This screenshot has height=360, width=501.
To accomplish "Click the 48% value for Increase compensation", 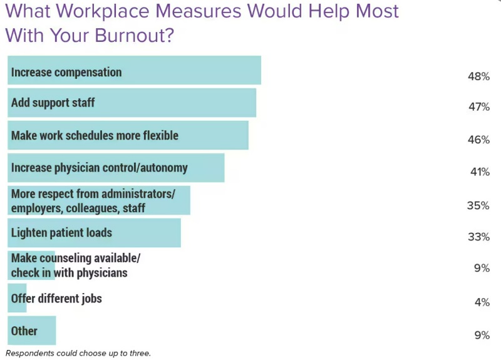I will pos(478,76).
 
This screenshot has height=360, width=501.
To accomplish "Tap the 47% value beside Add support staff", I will pos(478,107).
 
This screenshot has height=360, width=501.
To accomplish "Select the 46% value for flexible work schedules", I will pos(478,140).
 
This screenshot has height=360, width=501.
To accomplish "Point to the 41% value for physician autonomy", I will pos(478,172).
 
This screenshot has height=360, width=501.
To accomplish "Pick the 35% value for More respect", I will pos(478,205).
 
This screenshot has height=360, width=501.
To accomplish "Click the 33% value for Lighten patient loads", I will pos(478,237).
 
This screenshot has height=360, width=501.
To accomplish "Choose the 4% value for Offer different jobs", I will pos(482,302).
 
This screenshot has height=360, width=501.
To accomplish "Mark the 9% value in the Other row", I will pos(482,335).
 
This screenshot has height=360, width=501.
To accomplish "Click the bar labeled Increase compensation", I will pos(188,70).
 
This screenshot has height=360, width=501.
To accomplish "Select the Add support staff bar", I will pos(175,103).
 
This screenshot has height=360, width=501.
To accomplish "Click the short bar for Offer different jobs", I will pos(18,298).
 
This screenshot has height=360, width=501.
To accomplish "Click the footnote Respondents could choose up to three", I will pos(78,353).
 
